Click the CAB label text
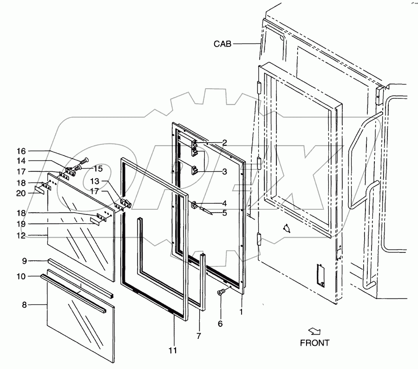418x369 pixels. click(222, 44)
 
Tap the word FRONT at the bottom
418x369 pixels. click(314, 343)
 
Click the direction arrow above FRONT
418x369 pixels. click(314, 331)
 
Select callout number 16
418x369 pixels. click(22, 151)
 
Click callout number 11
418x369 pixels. click(173, 350)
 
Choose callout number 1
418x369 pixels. click(241, 312)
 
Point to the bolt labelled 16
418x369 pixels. click(83, 161)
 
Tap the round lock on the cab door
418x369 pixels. click(287, 228)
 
